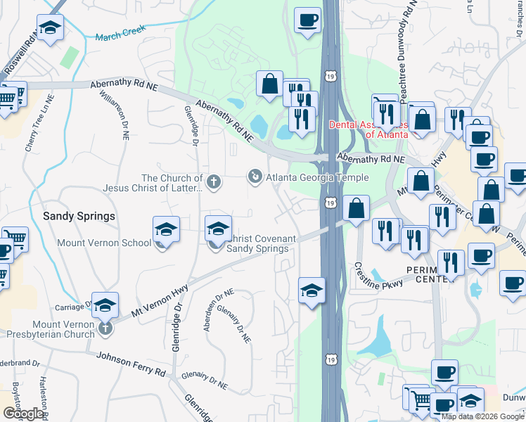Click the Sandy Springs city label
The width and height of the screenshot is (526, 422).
[x=79, y=217]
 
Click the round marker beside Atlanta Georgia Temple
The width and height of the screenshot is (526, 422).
[x=255, y=175]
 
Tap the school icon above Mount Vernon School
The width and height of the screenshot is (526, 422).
[x=166, y=229]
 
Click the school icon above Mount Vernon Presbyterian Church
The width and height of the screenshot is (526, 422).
[x=105, y=305]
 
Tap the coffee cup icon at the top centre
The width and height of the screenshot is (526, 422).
[x=307, y=20]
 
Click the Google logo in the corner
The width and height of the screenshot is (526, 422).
[x=23, y=414]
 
